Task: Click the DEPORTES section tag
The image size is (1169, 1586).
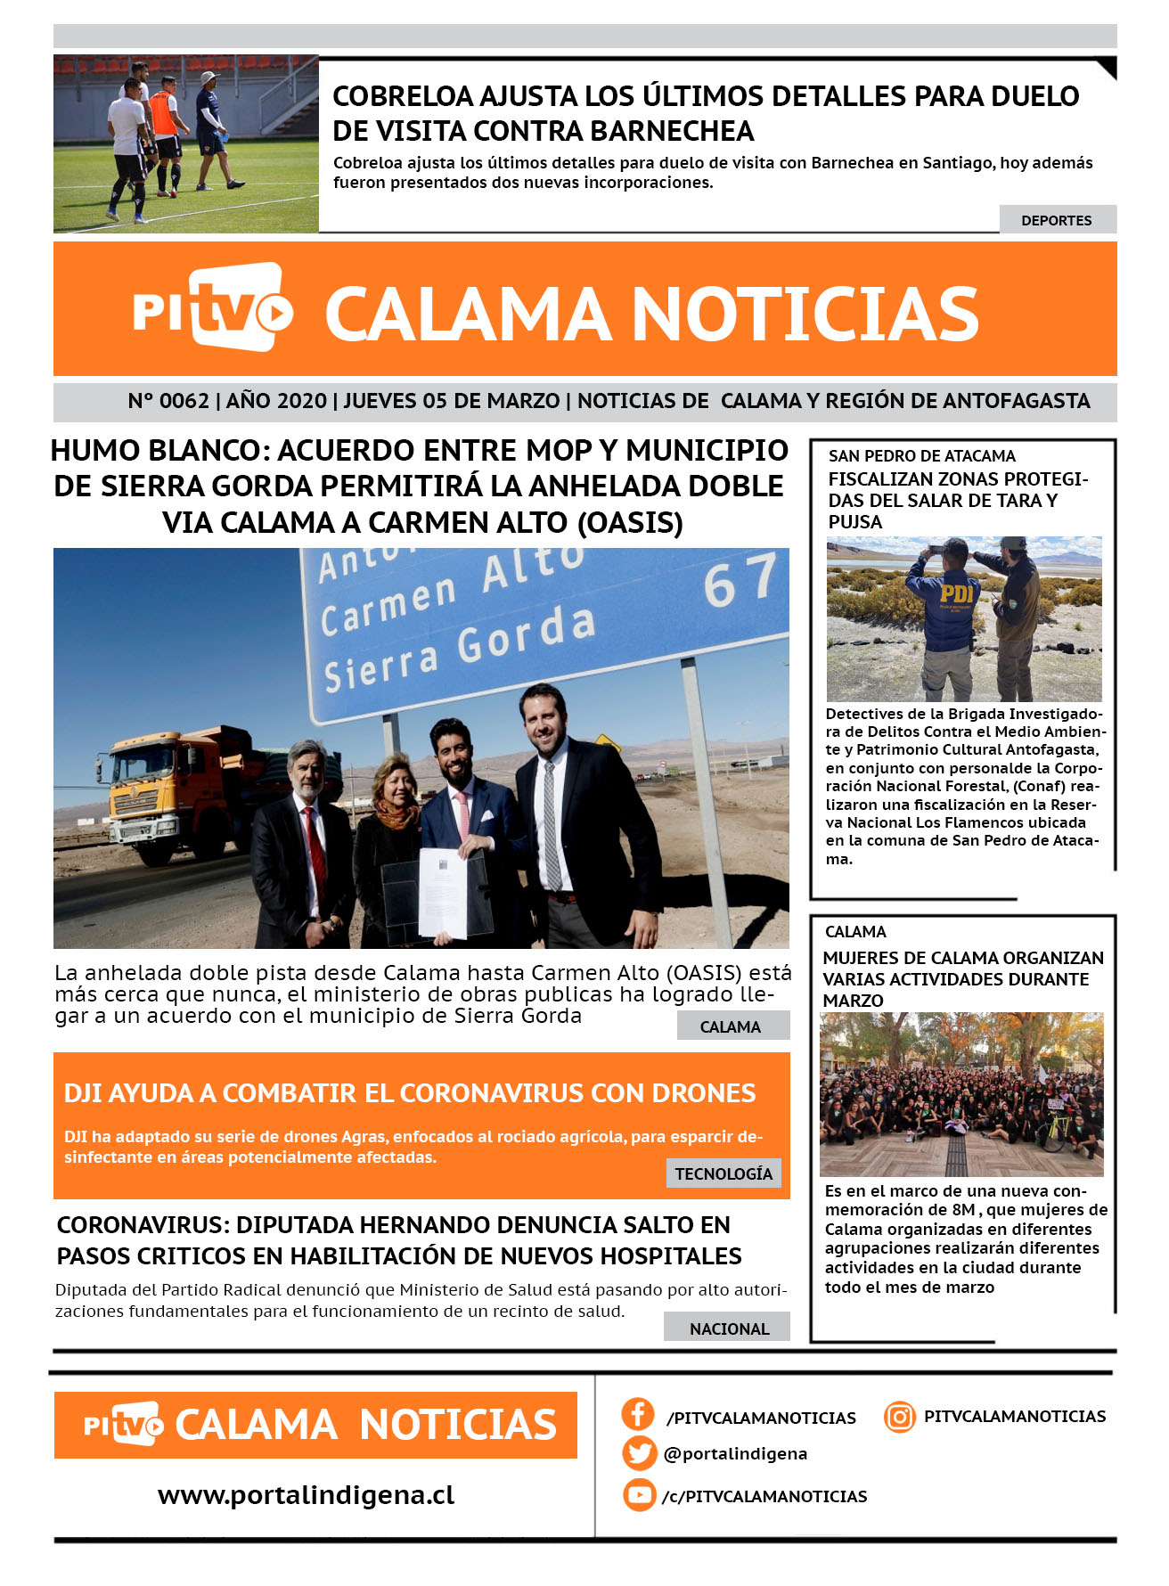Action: [x=1057, y=220]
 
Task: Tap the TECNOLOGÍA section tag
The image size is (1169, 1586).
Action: [x=723, y=1173]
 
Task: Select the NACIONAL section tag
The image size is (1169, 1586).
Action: [x=728, y=1328]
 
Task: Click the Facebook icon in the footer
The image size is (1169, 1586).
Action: [x=638, y=1414]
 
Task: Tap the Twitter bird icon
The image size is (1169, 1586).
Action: [x=639, y=1453]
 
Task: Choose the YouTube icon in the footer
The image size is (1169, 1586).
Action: [x=639, y=1494]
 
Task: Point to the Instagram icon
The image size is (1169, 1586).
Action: [x=900, y=1416]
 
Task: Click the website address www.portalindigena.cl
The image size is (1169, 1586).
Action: [x=306, y=1494]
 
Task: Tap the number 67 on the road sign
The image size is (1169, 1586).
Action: [x=739, y=579]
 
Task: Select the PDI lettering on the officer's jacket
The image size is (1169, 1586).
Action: [x=956, y=592]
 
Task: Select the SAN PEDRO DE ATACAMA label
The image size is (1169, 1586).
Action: [x=921, y=455]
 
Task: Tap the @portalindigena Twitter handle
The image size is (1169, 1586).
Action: [x=735, y=1453]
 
